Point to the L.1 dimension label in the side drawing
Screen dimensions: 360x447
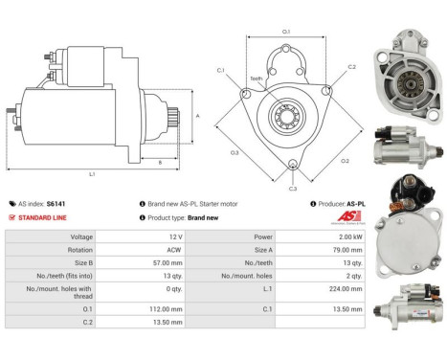point(92,172)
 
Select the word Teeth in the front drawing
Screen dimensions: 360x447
point(256,79)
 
